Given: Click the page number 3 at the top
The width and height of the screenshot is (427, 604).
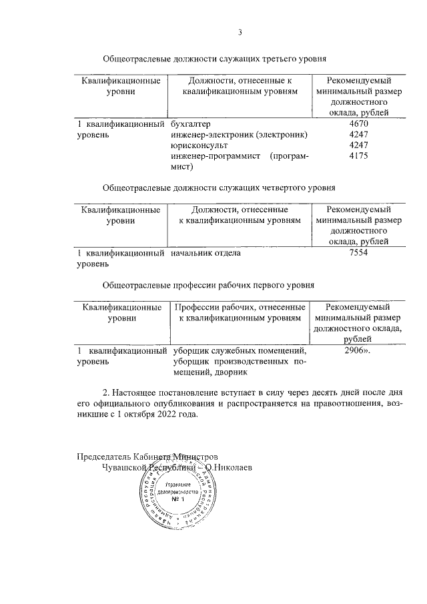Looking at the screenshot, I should (x=241, y=31).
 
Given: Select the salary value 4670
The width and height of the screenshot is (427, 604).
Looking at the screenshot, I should (x=358, y=124).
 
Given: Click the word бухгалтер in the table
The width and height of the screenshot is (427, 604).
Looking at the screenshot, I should (x=190, y=124).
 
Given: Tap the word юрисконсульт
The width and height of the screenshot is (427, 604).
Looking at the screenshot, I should (x=199, y=145).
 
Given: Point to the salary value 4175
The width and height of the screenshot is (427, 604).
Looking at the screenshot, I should (x=358, y=156).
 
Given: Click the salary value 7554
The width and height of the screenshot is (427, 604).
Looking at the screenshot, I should (x=358, y=254).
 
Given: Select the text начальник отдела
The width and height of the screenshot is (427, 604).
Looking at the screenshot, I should (x=205, y=254).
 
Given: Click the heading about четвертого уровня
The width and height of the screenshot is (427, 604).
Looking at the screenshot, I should (x=218, y=188).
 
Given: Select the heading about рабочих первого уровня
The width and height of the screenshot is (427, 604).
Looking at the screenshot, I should (x=207, y=285).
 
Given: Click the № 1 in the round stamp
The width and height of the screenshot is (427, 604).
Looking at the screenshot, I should (x=177, y=499).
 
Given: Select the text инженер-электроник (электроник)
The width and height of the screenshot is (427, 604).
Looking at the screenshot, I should (x=239, y=135).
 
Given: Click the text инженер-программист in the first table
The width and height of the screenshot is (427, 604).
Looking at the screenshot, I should (x=214, y=156).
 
